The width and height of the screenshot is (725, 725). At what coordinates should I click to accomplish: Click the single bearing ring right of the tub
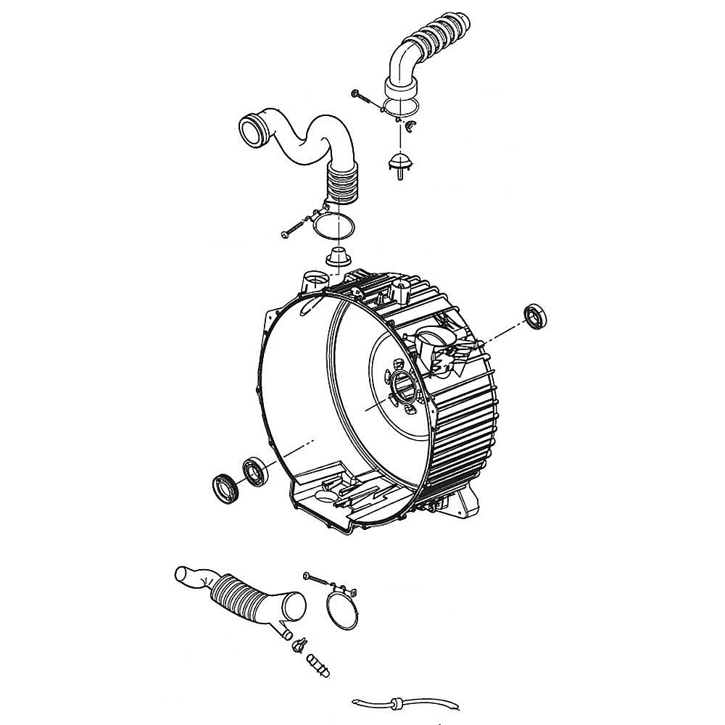(x=535, y=318)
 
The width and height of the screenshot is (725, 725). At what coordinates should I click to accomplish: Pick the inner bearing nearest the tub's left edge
(x=255, y=471)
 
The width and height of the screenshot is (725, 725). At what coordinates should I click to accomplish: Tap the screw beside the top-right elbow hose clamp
(x=364, y=96)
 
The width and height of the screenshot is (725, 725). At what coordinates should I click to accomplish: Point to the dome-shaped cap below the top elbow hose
(x=399, y=162)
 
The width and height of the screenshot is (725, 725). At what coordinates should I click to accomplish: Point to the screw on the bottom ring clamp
(x=319, y=578)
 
